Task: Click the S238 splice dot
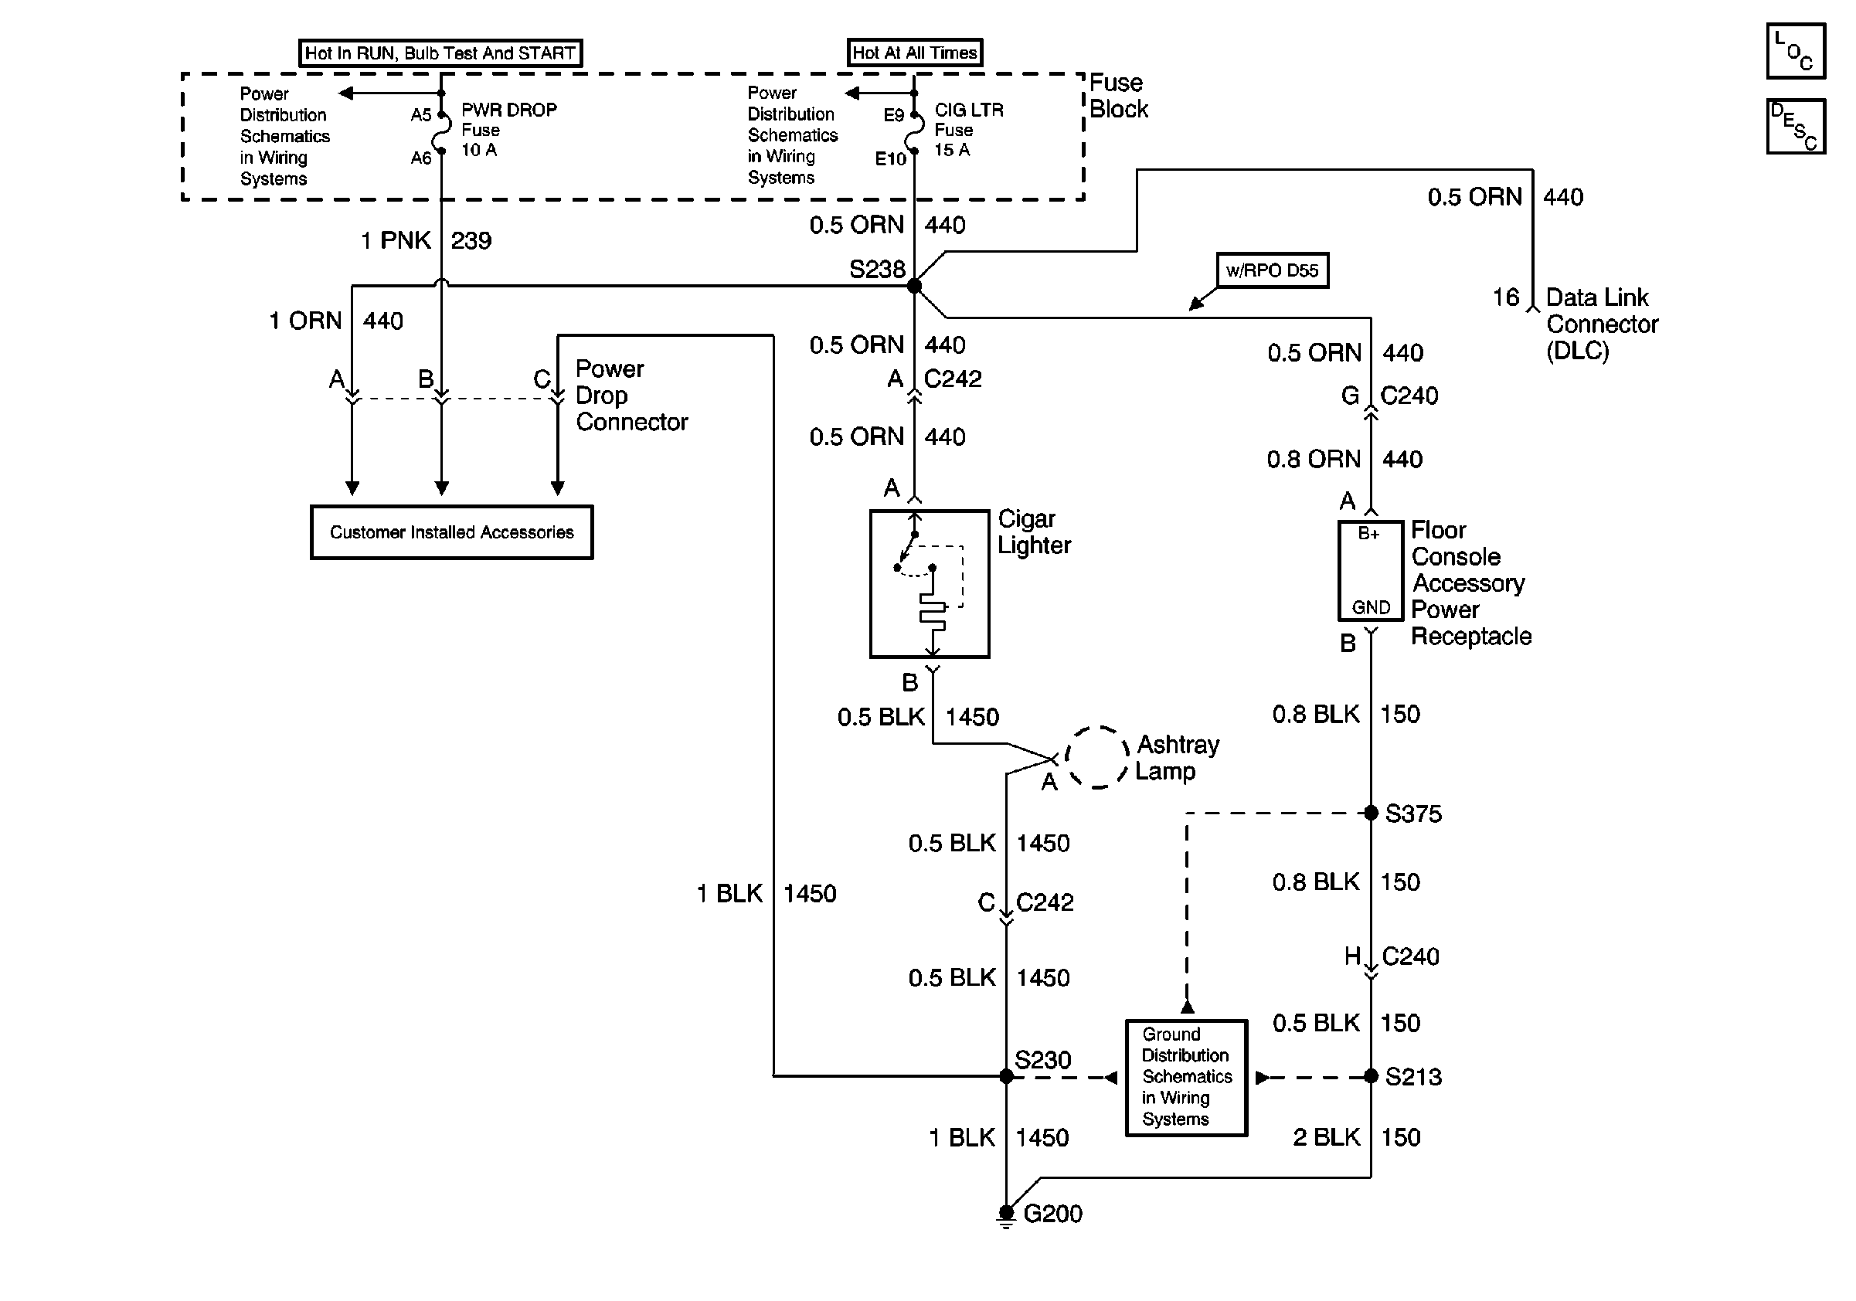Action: coord(914,285)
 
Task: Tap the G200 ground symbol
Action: coord(1005,1216)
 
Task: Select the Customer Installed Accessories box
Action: coord(452,532)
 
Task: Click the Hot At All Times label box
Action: coord(914,53)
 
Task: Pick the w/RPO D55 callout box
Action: coord(1273,270)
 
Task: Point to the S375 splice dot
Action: coord(1371,812)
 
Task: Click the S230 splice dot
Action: coord(1006,1075)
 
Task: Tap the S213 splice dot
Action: coord(1371,1075)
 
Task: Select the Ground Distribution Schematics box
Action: coord(1187,1077)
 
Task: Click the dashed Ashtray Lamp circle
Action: coord(1097,757)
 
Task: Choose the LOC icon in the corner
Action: coord(1796,51)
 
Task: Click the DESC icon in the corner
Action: coord(1796,126)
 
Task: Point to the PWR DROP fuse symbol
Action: coord(441,133)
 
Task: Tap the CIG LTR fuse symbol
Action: coord(914,133)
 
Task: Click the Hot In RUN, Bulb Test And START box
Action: coord(440,53)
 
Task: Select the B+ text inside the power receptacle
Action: coord(1368,533)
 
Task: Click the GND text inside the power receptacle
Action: coord(1371,607)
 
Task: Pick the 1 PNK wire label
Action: coord(396,240)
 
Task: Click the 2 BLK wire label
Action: coord(1327,1137)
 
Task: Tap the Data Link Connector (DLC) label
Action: coord(1601,324)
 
